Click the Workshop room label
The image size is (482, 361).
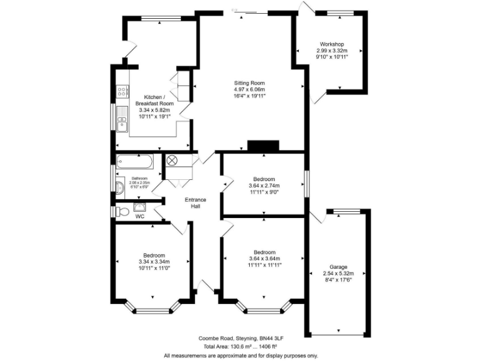(x=331, y=44)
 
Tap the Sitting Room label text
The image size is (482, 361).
(x=250, y=83)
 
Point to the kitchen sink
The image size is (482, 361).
(x=122, y=125)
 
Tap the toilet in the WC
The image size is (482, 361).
(x=120, y=211)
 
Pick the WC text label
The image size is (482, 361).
(x=141, y=217)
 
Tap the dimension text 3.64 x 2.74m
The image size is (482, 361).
(x=264, y=186)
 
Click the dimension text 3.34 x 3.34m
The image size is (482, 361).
(x=154, y=262)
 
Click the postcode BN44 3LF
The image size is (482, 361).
(x=268, y=337)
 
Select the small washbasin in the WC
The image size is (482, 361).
(x=139, y=205)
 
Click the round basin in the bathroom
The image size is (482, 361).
(x=120, y=186)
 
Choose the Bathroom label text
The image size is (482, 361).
(x=140, y=179)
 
